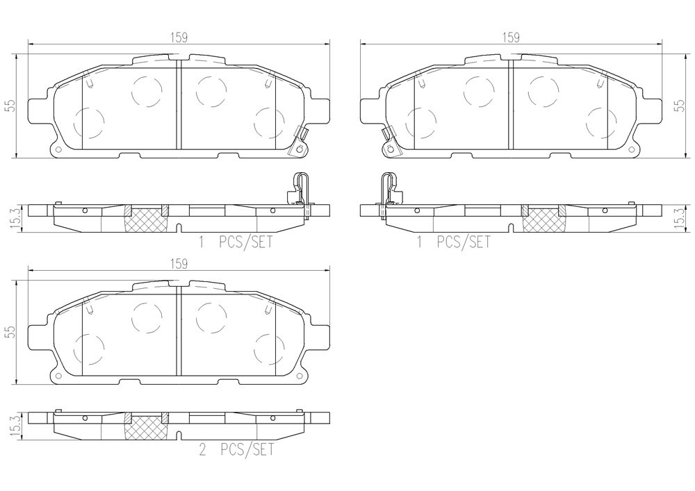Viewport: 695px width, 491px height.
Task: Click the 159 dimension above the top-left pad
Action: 179,38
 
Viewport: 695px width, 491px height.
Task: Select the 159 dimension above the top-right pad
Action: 511,38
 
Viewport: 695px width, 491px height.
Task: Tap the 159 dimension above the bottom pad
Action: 179,264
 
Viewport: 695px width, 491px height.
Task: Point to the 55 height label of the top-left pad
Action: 11,106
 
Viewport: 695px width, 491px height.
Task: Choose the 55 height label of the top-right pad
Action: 679,106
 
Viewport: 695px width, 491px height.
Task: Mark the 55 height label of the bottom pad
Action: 11,331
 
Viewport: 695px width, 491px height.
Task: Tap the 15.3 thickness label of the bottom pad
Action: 12,426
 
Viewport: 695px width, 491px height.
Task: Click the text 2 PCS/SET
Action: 237,450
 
